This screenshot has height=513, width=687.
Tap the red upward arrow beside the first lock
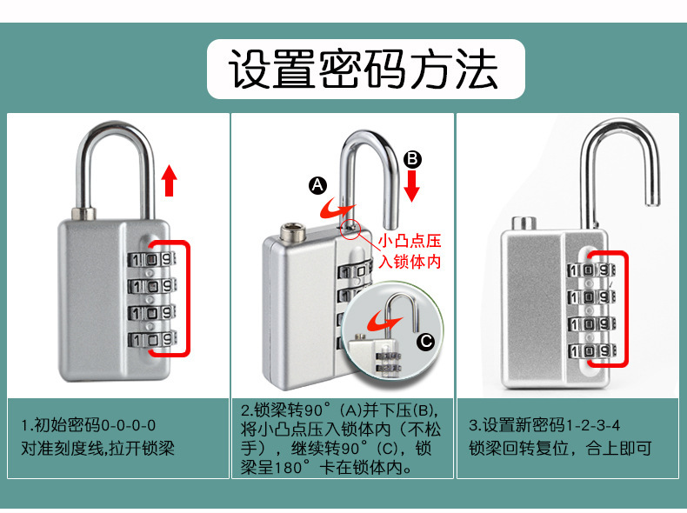[170, 182]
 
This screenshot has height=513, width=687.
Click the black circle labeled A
[317, 185]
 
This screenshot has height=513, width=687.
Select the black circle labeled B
[413, 158]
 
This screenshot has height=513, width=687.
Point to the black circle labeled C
[425, 342]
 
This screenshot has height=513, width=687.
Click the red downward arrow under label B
[412, 185]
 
